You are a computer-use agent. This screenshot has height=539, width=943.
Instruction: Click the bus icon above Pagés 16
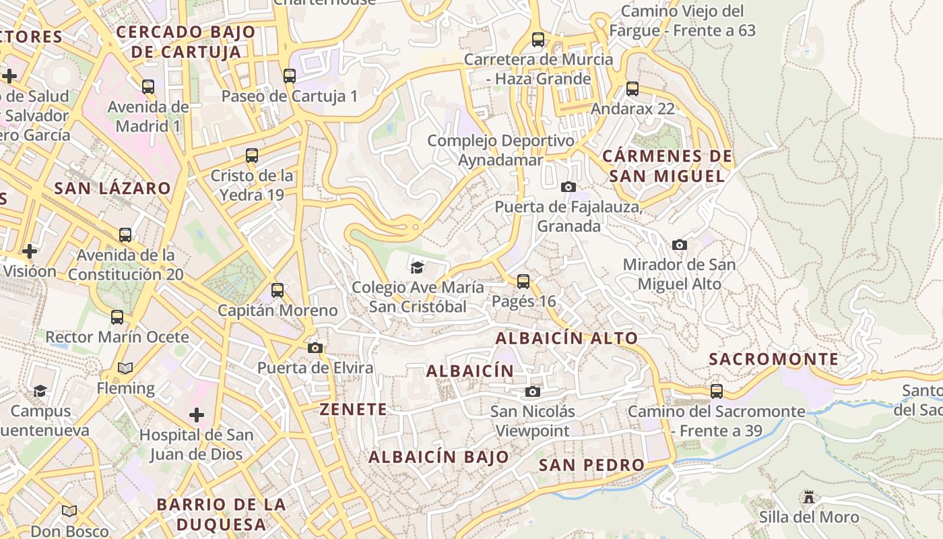(523, 282)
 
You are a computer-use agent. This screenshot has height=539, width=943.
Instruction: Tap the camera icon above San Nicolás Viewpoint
(533, 391)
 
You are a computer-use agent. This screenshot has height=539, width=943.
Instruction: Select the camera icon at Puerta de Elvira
(315, 348)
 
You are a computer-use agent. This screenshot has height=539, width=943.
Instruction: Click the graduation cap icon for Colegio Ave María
(418, 267)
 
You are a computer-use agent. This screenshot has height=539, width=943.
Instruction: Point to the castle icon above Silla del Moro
(809, 497)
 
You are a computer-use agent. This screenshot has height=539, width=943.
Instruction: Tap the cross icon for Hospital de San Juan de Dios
(197, 415)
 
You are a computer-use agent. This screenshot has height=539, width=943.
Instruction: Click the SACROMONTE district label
(774, 359)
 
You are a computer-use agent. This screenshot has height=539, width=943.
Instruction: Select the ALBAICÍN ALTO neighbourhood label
(566, 338)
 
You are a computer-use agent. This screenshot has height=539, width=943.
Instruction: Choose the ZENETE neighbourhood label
(354, 409)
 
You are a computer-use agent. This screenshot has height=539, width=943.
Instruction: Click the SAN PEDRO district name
(592, 465)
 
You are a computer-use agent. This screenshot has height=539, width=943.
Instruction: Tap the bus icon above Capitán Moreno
(278, 290)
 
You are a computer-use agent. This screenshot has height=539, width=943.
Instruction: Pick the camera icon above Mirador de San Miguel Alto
(680, 245)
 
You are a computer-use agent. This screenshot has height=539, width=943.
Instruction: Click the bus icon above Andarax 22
(632, 89)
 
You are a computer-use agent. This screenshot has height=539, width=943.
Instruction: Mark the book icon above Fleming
(125, 368)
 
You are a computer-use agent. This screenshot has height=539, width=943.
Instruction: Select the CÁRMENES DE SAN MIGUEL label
(667, 166)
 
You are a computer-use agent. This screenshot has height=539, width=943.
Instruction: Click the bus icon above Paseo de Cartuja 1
(290, 76)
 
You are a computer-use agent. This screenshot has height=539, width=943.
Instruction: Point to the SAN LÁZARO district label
(112, 188)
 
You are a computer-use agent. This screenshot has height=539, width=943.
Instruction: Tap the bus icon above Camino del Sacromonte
(717, 391)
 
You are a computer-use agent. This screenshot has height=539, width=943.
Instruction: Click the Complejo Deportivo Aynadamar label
(500, 150)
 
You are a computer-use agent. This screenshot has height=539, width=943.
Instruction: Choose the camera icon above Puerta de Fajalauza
(568, 187)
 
